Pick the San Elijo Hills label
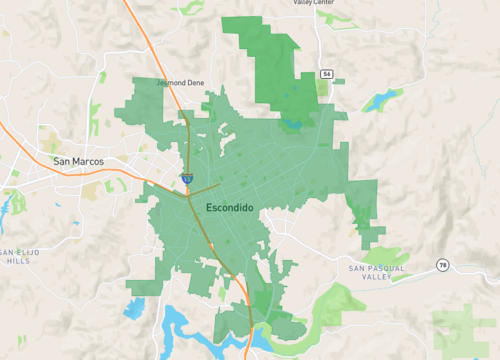click(x=19, y=256)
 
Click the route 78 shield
click(x=441, y=264)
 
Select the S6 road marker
click(x=326, y=74)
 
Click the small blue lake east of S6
click(x=381, y=99)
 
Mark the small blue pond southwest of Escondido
click(x=133, y=307)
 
